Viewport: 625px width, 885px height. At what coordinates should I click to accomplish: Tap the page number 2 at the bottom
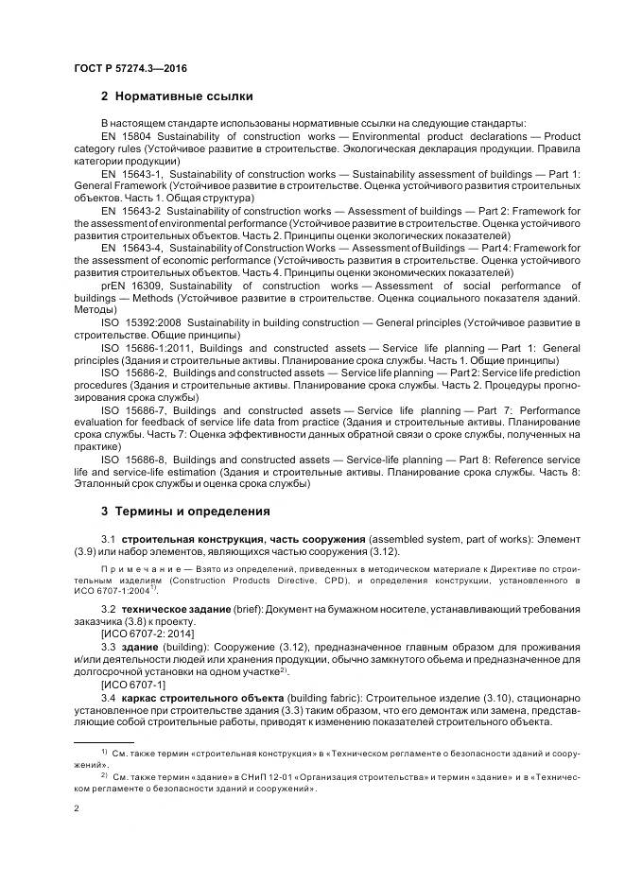(77, 808)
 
